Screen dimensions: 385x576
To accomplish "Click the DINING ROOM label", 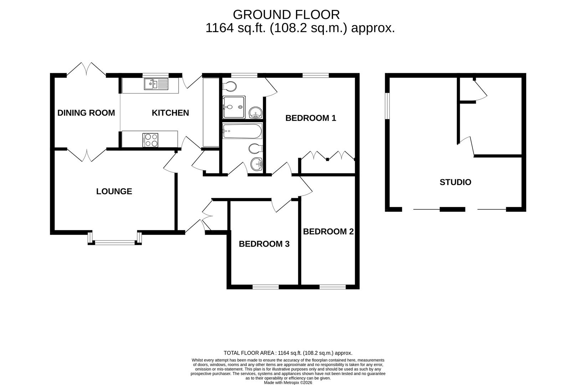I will (x=86, y=113).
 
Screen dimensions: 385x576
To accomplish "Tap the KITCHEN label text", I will (x=170, y=113).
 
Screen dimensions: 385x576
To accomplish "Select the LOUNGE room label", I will (x=114, y=191).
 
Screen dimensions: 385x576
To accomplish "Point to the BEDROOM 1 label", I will (x=311, y=118).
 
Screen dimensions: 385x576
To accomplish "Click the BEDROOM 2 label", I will (x=328, y=232).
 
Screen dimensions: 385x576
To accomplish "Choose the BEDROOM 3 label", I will (x=264, y=244).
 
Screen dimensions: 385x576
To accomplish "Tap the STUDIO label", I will (x=455, y=182).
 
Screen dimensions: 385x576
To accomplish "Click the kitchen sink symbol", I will (x=156, y=84).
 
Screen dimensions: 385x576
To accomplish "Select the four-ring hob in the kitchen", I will (x=150, y=139).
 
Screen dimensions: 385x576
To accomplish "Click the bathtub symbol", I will (x=242, y=132).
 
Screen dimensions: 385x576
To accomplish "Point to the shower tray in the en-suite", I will (x=234, y=107).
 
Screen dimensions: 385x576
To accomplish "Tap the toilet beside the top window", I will (x=229, y=86).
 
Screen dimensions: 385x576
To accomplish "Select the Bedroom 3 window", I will (x=266, y=286).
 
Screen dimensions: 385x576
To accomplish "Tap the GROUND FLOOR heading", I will (x=286, y=15).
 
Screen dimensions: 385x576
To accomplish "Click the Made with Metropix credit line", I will (x=288, y=383).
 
